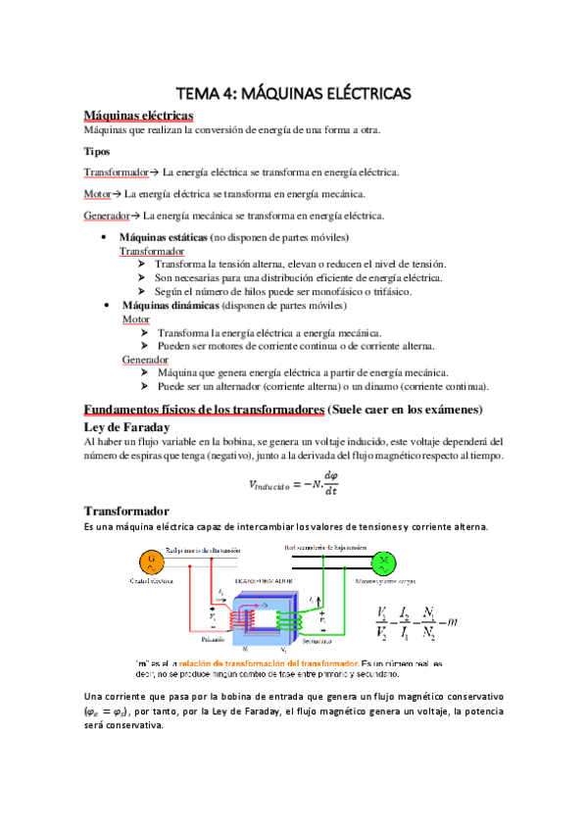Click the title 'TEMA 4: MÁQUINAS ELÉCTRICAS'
293,93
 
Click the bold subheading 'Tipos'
97,152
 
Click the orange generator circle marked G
151,561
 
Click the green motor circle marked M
385,561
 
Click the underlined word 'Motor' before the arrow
97,194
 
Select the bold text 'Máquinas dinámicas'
165,306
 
